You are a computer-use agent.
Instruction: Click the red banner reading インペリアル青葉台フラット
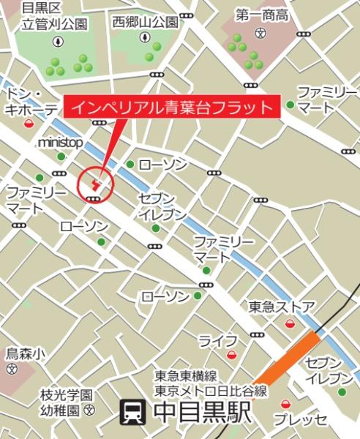pos(174,108)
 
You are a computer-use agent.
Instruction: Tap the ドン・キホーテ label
pos(31,102)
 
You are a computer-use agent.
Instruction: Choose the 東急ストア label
pos(281,306)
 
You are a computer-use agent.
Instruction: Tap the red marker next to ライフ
pos(232,355)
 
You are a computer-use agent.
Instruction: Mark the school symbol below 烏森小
pos(11,369)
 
